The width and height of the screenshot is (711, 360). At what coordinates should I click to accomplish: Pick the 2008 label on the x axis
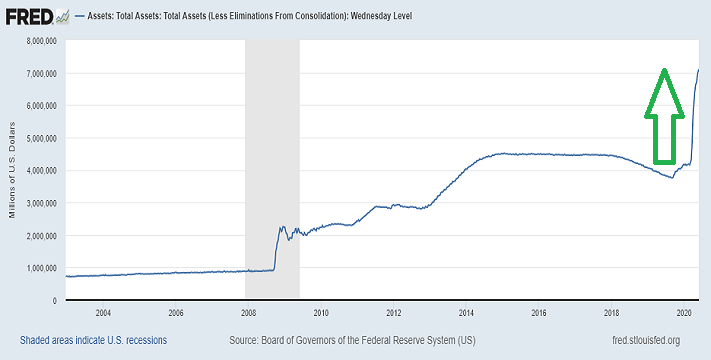pyautogui.click(x=247, y=313)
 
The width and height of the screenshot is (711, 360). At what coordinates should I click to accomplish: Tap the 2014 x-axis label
pyautogui.click(x=465, y=313)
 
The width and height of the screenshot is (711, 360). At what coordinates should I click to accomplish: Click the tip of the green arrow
pyautogui.click(x=662, y=69)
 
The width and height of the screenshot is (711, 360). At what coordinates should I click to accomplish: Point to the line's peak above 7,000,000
pyautogui.click(x=697, y=68)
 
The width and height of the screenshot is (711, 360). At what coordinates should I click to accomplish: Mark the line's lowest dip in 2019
pyautogui.click(x=671, y=177)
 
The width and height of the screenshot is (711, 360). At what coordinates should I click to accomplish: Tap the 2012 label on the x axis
pyautogui.click(x=393, y=313)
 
